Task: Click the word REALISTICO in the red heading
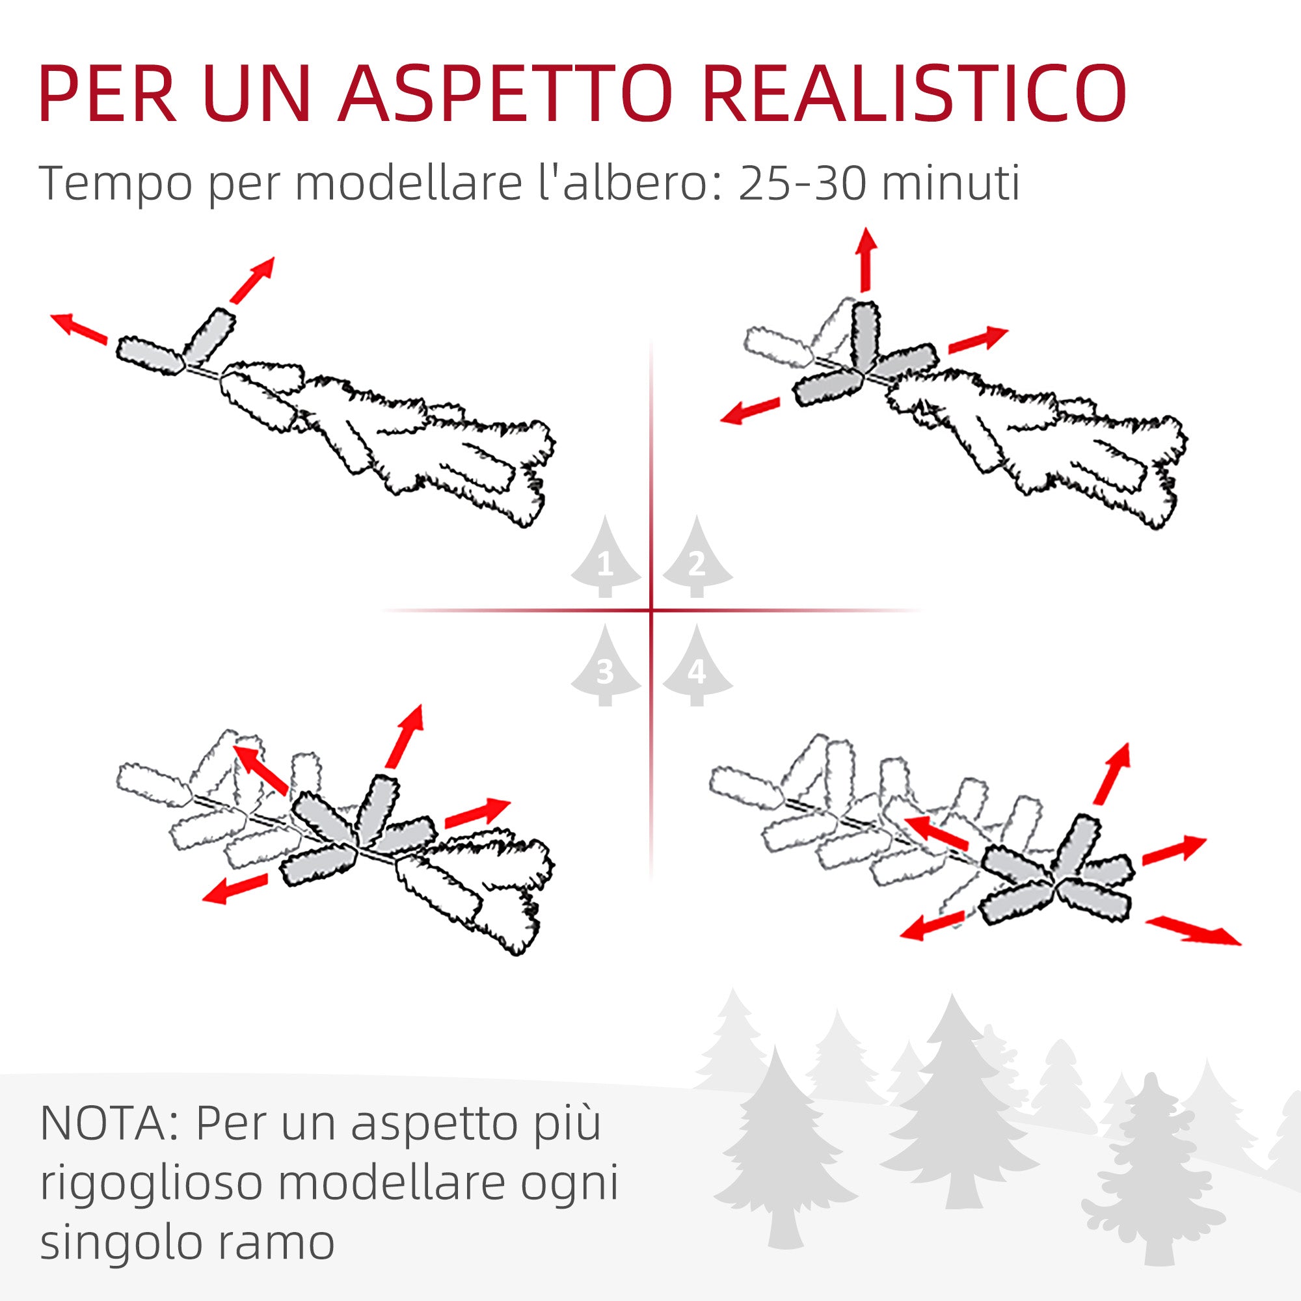click(914, 94)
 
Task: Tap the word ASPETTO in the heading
click(505, 94)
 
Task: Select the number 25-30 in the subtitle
click(802, 183)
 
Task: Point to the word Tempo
click(116, 184)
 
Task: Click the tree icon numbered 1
click(606, 559)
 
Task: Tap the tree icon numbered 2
click(697, 559)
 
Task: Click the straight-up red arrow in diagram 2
click(866, 260)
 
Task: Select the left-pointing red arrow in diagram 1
click(79, 328)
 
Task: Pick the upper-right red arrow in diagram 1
click(252, 280)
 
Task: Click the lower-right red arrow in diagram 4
click(1192, 930)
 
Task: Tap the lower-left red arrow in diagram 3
click(235, 889)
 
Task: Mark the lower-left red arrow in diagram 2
click(750, 410)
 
